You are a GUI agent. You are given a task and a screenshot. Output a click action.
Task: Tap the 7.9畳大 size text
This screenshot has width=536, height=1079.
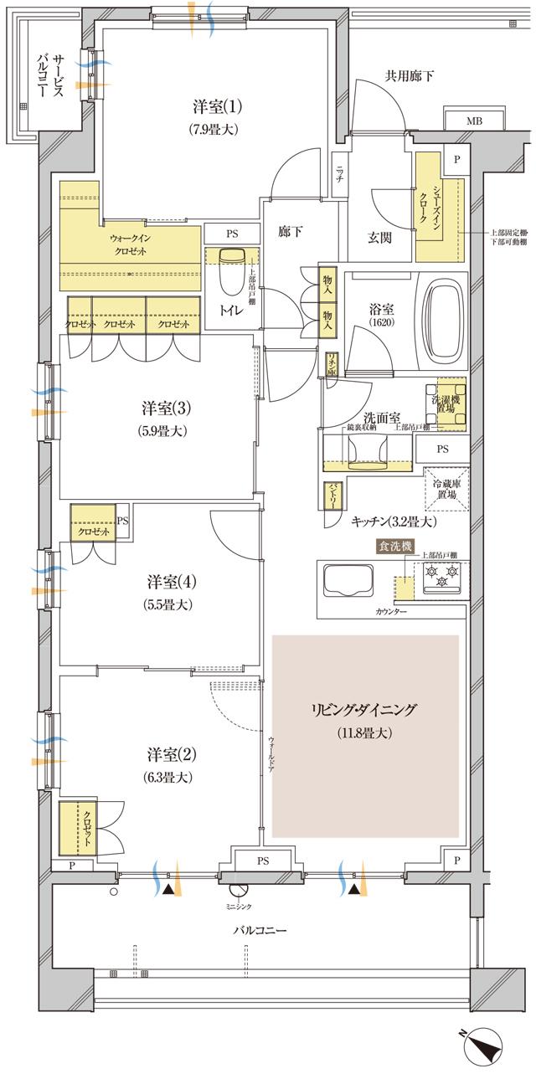click(x=218, y=130)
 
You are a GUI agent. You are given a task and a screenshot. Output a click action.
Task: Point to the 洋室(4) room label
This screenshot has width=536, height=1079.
click(x=166, y=581)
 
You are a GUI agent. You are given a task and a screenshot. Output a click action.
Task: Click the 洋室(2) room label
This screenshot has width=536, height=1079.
click(x=166, y=753)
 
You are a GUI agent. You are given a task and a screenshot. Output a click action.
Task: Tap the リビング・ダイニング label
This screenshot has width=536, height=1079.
click(x=365, y=710)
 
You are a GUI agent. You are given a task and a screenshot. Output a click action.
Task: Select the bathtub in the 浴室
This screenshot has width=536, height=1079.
click(x=445, y=315)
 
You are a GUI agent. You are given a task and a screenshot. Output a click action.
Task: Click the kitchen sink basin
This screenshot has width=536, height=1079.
click(x=346, y=578)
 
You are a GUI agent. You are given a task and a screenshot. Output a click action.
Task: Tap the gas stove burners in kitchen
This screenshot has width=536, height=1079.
click(x=441, y=575)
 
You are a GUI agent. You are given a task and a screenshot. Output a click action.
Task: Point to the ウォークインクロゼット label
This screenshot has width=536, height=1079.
click(x=133, y=244)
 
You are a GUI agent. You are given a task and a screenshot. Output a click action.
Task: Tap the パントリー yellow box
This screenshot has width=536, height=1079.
click(x=332, y=496)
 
